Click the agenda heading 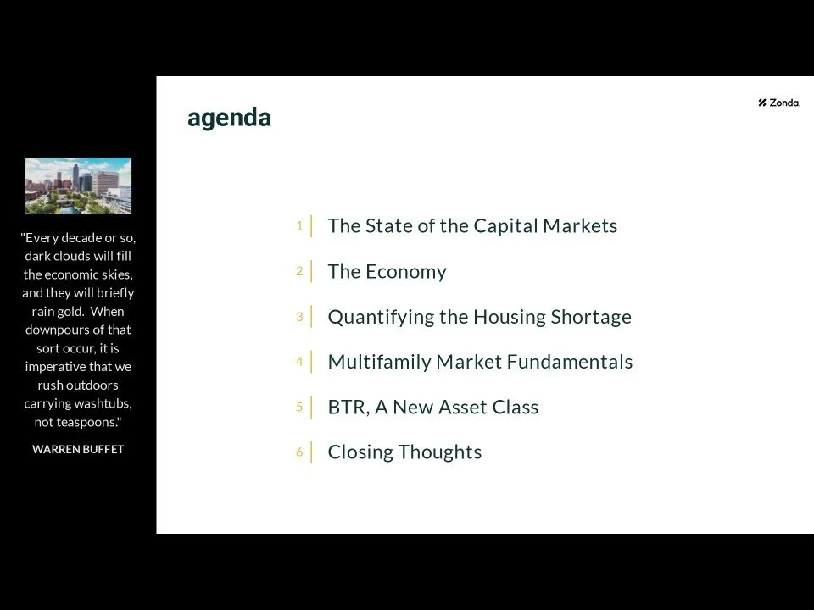(229, 118)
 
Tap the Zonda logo (778, 103)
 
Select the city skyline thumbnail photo (78, 186)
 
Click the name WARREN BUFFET (78, 450)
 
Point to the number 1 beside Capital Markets (299, 225)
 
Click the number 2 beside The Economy (299, 271)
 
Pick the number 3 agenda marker (299, 317)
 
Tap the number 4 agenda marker (299, 362)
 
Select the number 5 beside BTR (299, 407)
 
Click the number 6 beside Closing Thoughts (299, 452)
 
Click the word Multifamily (379, 363)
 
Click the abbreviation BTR (347, 408)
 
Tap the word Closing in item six (360, 452)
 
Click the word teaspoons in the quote (89, 422)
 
